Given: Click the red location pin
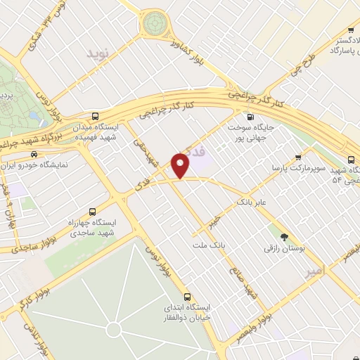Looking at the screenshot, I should pos(181,165).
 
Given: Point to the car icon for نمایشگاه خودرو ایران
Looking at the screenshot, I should pos(34,153).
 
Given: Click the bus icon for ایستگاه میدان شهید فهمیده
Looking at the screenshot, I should pos(96,117).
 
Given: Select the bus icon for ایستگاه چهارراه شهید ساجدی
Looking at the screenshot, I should pos(93,212).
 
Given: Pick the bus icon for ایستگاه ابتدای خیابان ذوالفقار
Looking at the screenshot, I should pos(187,297).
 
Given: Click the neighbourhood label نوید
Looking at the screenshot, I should pos(99,53).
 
